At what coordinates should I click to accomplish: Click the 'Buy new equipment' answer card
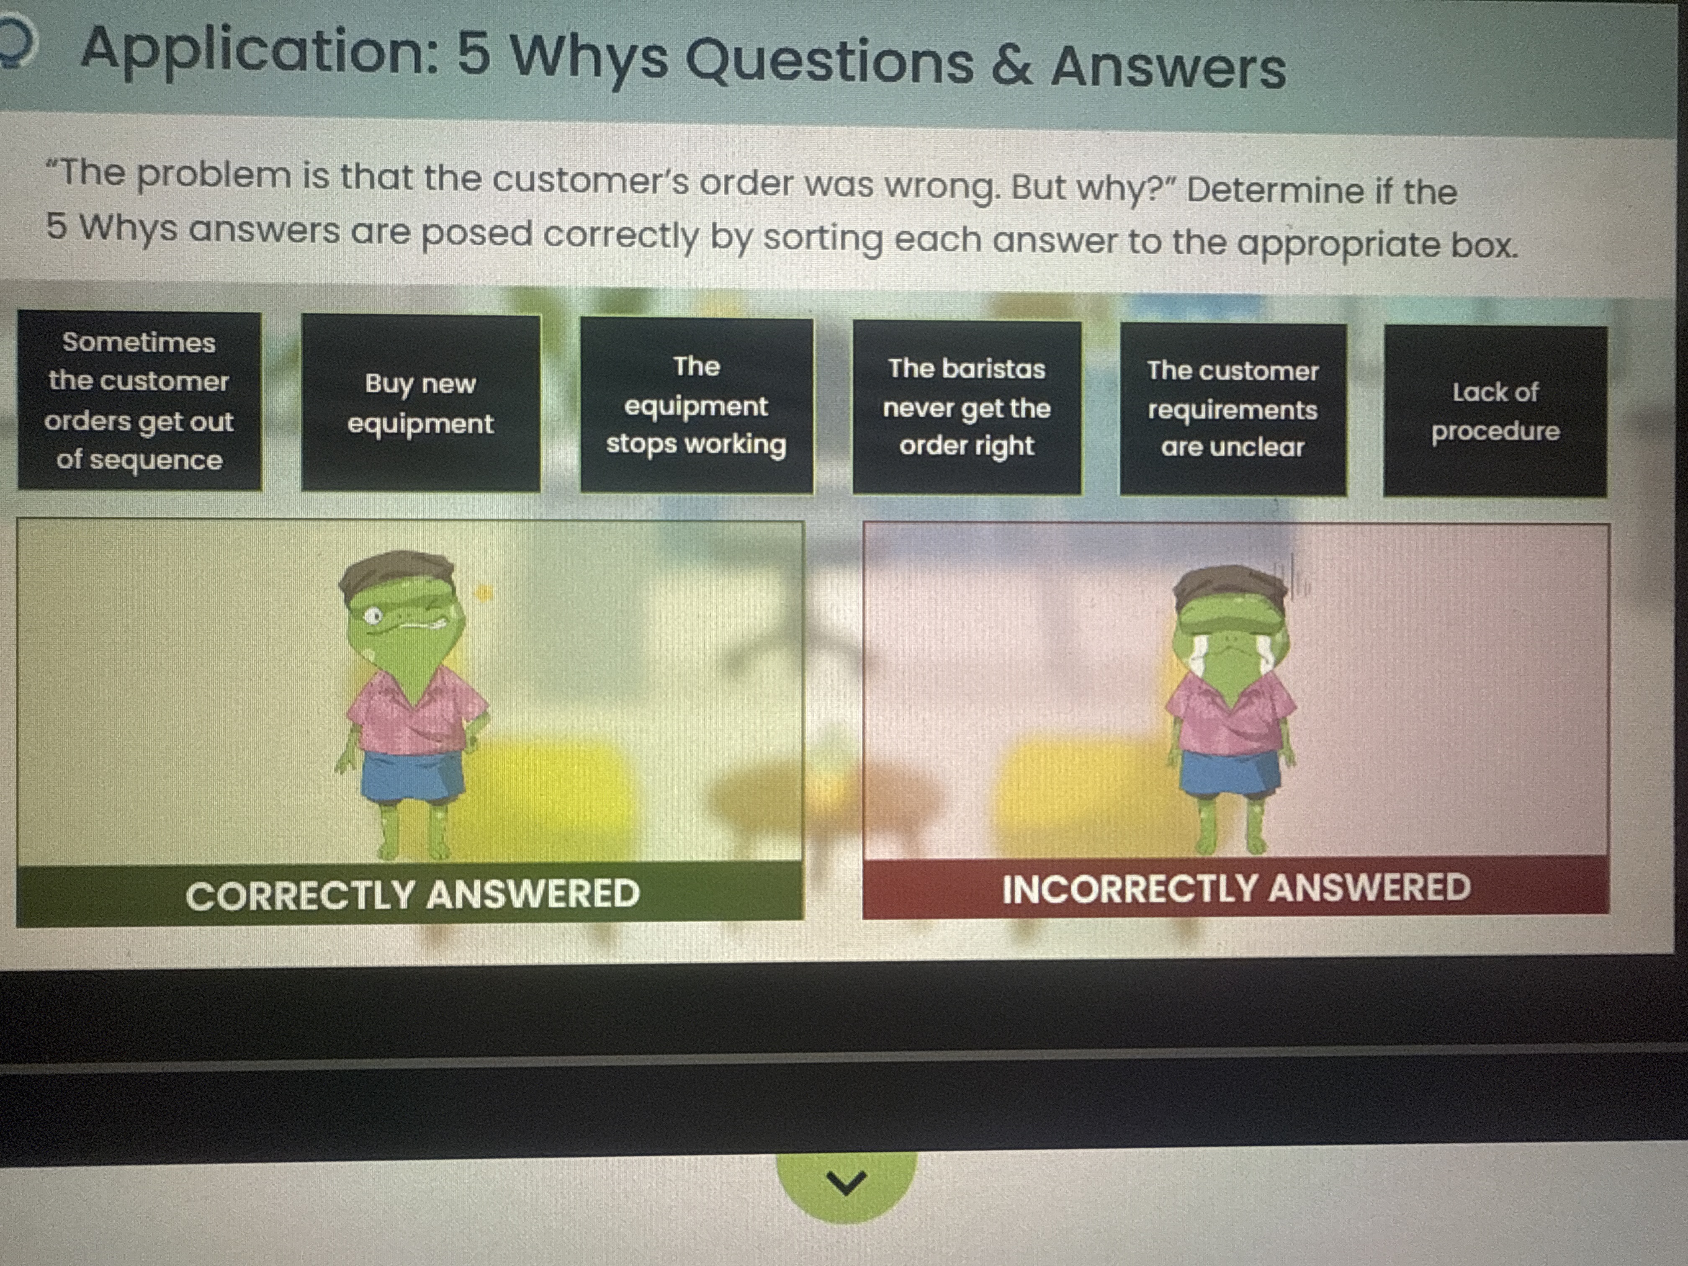click(x=420, y=402)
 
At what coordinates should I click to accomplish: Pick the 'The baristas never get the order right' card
click(x=967, y=407)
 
